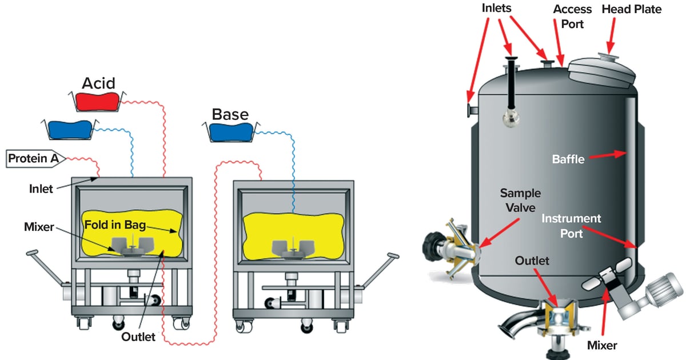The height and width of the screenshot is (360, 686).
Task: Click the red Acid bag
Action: tap(97, 101)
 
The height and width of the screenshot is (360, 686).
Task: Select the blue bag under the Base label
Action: tap(230, 131)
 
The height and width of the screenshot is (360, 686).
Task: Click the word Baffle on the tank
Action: tap(568, 159)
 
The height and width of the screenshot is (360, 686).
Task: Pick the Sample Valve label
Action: tap(520, 200)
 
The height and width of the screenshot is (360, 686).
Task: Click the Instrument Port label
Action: tap(571, 226)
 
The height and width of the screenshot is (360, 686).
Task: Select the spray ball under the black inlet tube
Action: tap(509, 117)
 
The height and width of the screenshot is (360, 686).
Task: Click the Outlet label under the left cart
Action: tap(138, 337)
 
